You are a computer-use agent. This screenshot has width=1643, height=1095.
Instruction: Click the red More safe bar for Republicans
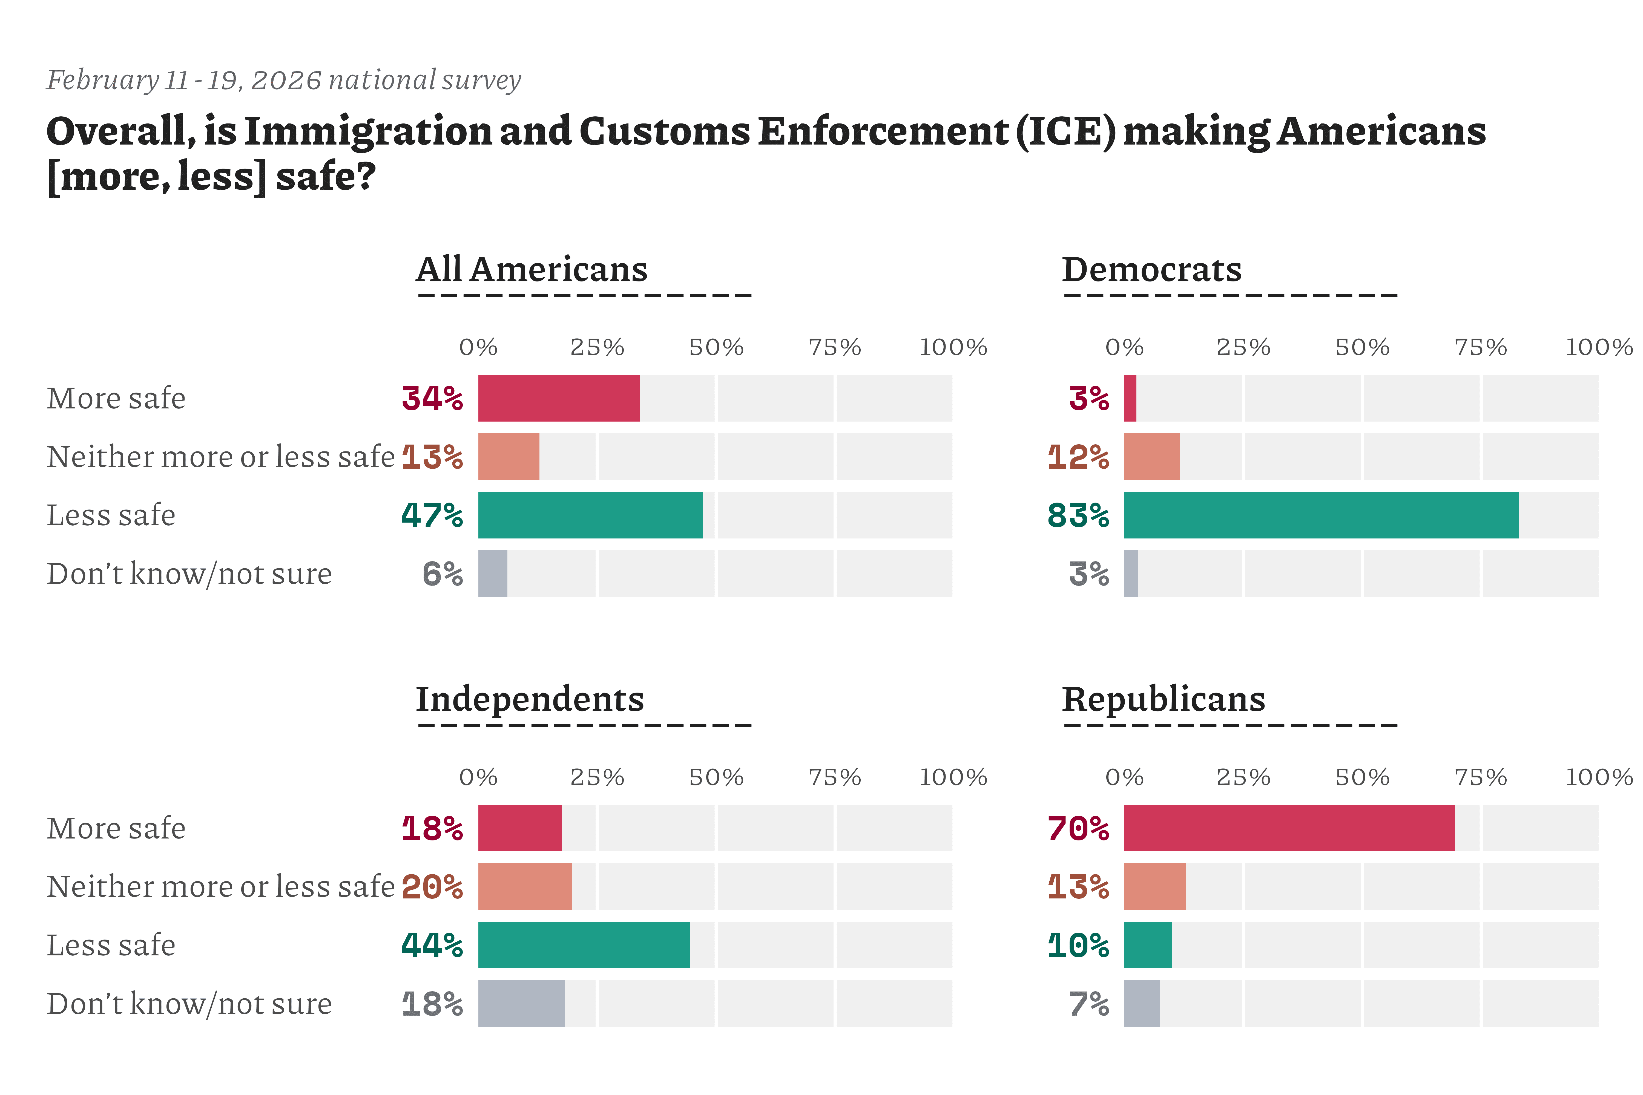1289,828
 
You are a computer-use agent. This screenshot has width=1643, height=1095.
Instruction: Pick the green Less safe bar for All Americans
590,515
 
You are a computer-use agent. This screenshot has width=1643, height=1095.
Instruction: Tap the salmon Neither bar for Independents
525,886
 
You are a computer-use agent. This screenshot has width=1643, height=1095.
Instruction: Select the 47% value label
432,515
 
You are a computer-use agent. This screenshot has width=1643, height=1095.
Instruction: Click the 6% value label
442,574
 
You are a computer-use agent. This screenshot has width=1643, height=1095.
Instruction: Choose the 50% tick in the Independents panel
716,777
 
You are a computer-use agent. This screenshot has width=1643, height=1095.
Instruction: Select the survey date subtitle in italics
284,80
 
